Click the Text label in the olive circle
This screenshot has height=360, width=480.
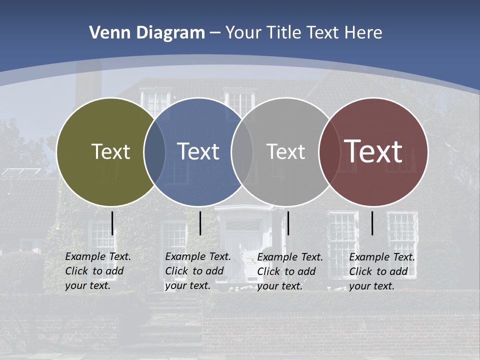(x=110, y=151)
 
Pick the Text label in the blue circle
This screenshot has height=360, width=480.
(x=198, y=151)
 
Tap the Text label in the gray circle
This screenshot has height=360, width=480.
(x=285, y=151)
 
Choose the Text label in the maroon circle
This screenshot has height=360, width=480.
(x=373, y=151)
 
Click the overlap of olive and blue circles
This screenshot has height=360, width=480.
(x=154, y=152)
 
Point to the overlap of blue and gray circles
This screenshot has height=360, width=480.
(x=242, y=152)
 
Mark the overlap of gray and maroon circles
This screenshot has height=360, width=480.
(x=328, y=152)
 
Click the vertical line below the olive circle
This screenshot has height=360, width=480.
(x=112, y=223)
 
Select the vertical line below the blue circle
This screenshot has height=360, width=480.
(x=200, y=223)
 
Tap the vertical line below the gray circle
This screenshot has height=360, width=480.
(x=288, y=223)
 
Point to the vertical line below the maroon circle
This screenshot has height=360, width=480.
(x=372, y=223)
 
